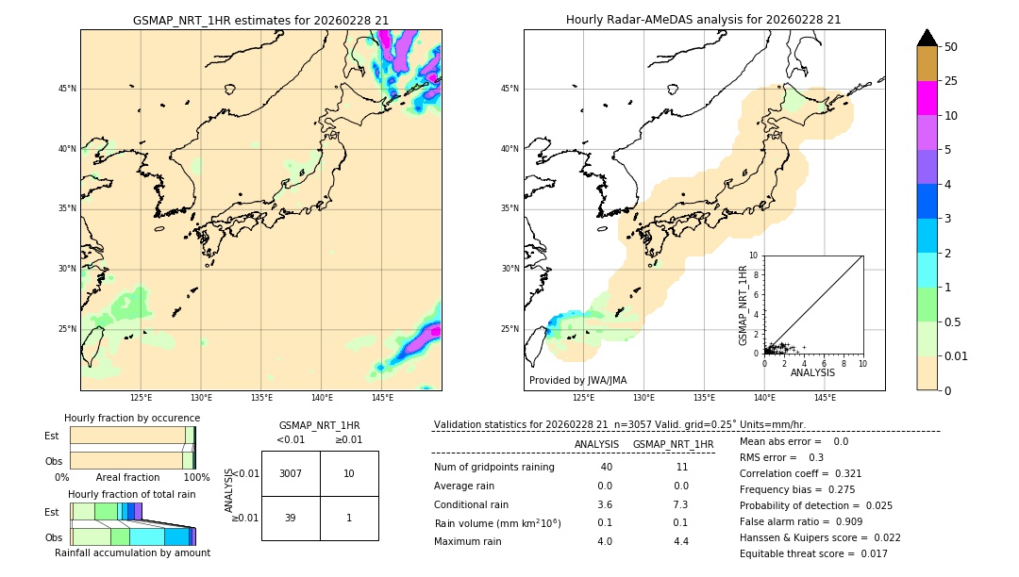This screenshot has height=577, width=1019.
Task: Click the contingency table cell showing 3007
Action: pos(291,473)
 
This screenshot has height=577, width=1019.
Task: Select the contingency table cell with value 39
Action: pos(291,518)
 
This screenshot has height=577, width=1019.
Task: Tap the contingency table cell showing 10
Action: pos(349,473)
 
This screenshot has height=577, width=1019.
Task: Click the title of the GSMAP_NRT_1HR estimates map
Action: pos(260,20)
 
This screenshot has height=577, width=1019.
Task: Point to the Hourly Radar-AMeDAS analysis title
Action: pos(704,20)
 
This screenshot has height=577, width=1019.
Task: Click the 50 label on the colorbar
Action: pos(952,46)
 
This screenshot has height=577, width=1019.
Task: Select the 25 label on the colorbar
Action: pos(952,81)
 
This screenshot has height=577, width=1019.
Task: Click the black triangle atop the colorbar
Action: pos(927,38)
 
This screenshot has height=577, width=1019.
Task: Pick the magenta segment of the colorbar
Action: pos(927,98)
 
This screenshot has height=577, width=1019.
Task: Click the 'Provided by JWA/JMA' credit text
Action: pos(577,380)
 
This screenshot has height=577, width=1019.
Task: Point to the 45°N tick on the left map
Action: pos(66,89)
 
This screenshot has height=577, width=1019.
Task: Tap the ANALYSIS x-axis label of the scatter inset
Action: pos(812,372)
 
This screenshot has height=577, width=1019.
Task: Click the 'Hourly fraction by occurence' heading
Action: pos(132,418)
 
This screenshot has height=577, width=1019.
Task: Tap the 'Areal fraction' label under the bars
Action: pos(128,477)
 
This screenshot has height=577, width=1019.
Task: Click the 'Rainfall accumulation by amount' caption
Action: pos(132,552)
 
